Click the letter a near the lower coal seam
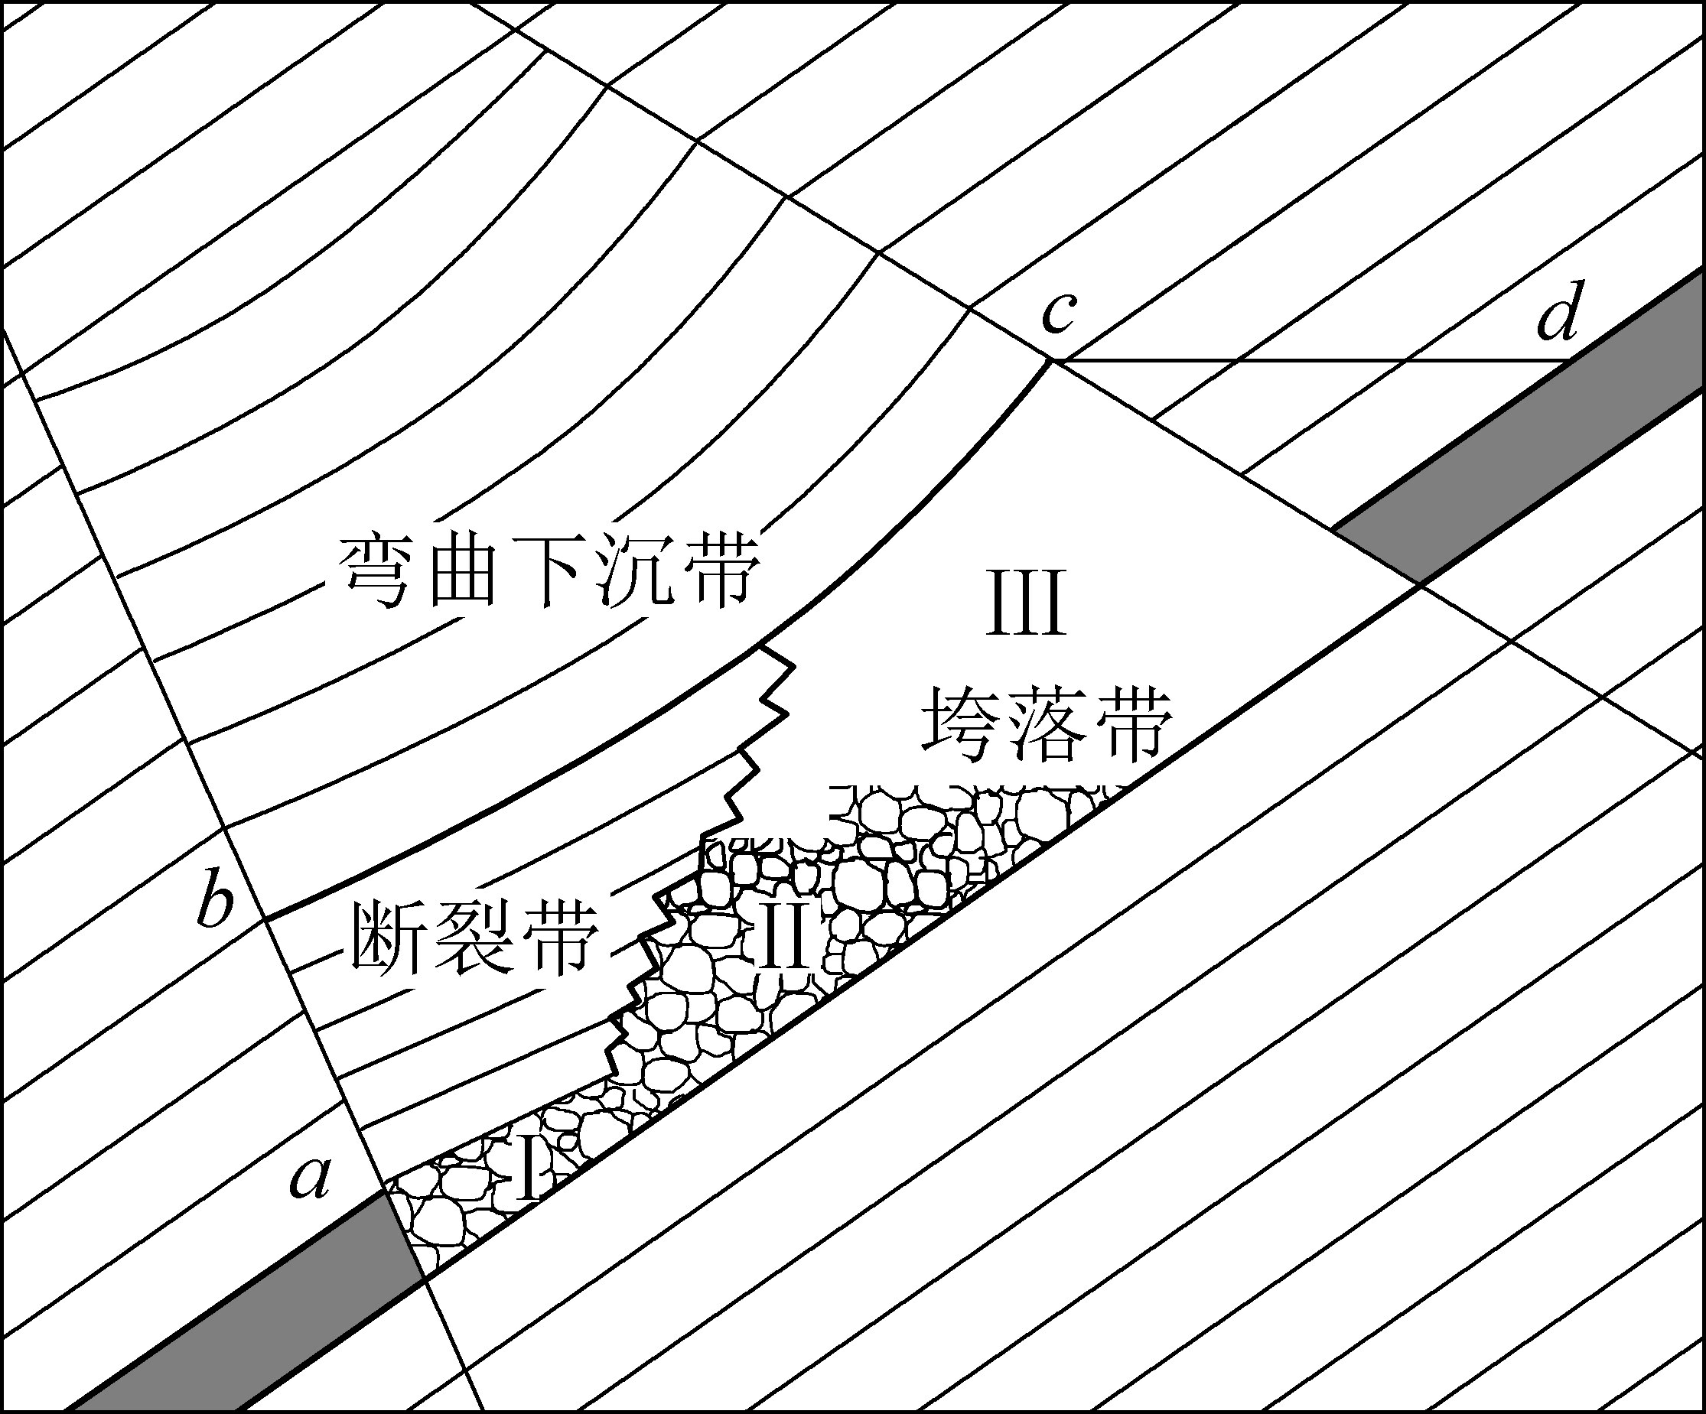(x=311, y=1178)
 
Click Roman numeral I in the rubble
(x=528, y=1169)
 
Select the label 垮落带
(x=1048, y=724)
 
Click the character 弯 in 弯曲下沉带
(x=376, y=571)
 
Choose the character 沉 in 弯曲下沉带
(x=638, y=571)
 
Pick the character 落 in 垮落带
(x=1048, y=724)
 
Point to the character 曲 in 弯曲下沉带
(x=461, y=571)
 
